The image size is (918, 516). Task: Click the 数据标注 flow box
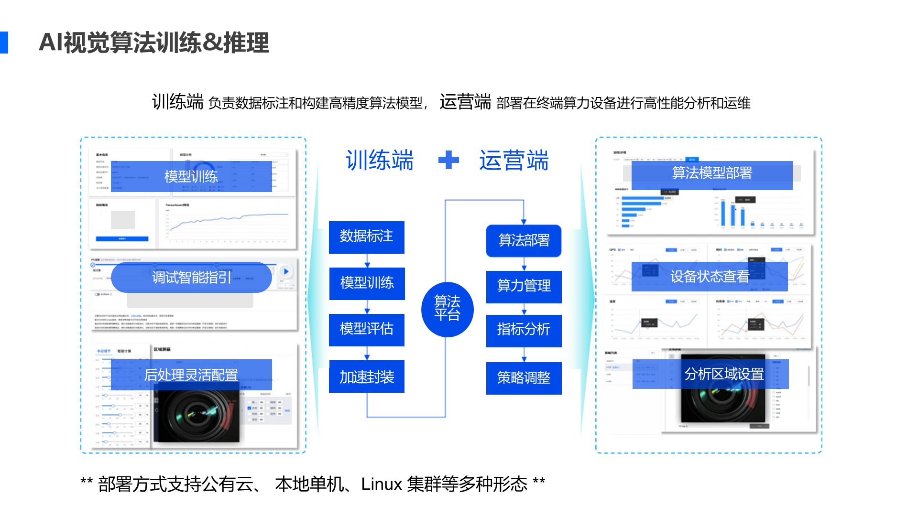[x=366, y=237]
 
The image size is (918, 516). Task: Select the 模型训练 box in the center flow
[x=367, y=283]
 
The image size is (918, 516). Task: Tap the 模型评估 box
[x=366, y=330]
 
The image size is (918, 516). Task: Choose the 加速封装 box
[x=366, y=376]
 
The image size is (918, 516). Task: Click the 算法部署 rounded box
[x=524, y=240]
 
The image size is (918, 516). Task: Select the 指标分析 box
[x=524, y=330]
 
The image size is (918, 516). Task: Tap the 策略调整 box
[x=524, y=378]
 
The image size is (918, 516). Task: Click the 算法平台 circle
[x=447, y=309]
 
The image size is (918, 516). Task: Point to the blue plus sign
[x=448, y=160]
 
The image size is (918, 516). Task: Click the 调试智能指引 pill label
[x=191, y=277]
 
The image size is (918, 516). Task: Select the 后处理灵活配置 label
[x=191, y=375]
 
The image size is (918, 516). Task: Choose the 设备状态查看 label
[x=709, y=277]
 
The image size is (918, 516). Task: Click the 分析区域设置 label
[x=723, y=374]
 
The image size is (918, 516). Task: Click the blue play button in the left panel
[x=285, y=271]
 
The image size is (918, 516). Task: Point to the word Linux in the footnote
[x=381, y=484]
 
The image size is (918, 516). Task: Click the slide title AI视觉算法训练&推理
[x=153, y=43]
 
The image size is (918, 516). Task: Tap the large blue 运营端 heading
[x=514, y=161]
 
